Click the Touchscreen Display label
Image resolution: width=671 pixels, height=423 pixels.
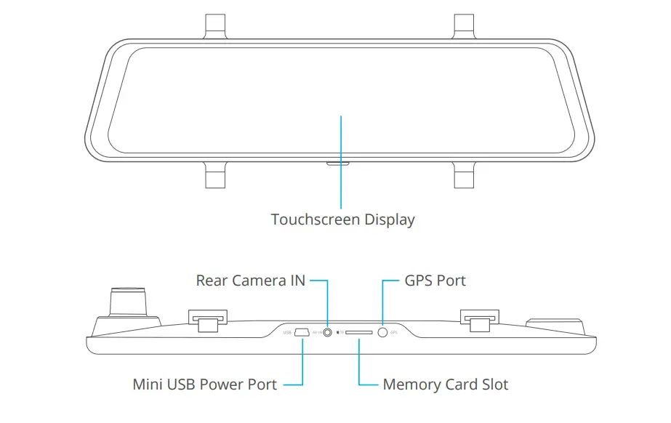(x=342, y=219)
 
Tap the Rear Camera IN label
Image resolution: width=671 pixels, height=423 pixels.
(x=250, y=281)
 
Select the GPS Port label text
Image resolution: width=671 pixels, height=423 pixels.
(x=435, y=281)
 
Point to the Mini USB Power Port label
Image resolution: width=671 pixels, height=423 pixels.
(x=204, y=384)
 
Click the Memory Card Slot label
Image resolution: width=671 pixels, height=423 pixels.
(x=446, y=384)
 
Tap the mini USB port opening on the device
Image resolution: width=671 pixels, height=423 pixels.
(x=300, y=333)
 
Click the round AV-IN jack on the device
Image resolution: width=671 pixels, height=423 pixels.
(x=327, y=333)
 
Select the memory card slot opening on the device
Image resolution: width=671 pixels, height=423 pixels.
(x=359, y=333)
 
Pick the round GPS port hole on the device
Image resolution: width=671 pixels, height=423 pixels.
(x=382, y=332)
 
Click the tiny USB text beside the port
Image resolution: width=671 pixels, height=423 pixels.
(x=286, y=333)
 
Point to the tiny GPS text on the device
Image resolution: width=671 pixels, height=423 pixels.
(x=394, y=333)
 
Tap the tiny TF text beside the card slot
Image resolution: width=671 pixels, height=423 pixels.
(x=339, y=333)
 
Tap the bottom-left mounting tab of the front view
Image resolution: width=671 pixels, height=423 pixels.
(x=215, y=174)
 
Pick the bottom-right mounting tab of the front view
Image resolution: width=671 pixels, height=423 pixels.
(x=465, y=174)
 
